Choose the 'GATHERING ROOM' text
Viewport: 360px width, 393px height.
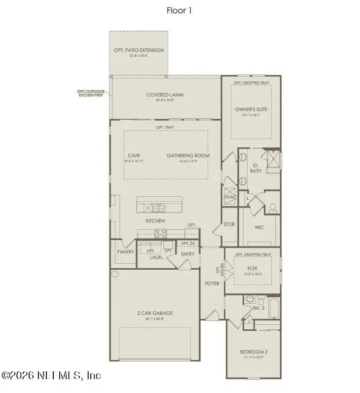coord(188,155)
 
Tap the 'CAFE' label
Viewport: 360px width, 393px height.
coord(134,155)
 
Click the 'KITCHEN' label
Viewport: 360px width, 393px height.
coord(155,220)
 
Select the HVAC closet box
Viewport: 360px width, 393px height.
coord(230,194)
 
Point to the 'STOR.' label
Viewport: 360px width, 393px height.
coord(230,224)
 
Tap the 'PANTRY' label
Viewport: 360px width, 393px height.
coord(126,251)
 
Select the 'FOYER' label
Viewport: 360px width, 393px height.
coord(213,284)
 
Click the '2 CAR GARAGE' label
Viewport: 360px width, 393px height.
coord(155,313)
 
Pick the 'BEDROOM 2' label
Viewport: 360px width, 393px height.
coord(254,352)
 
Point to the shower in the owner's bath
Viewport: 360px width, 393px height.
coord(272,161)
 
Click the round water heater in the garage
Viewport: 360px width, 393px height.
coord(115,274)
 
